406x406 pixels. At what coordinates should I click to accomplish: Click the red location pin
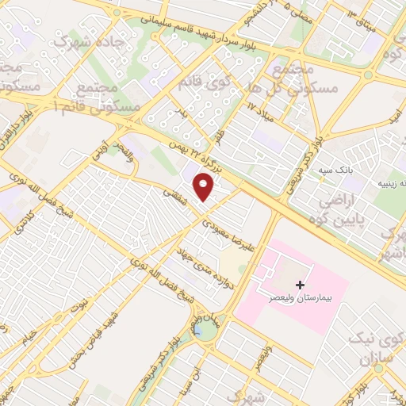pyautogui.click(x=205, y=187)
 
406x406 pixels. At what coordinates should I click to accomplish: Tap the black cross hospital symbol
pyautogui.click(x=299, y=284)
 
